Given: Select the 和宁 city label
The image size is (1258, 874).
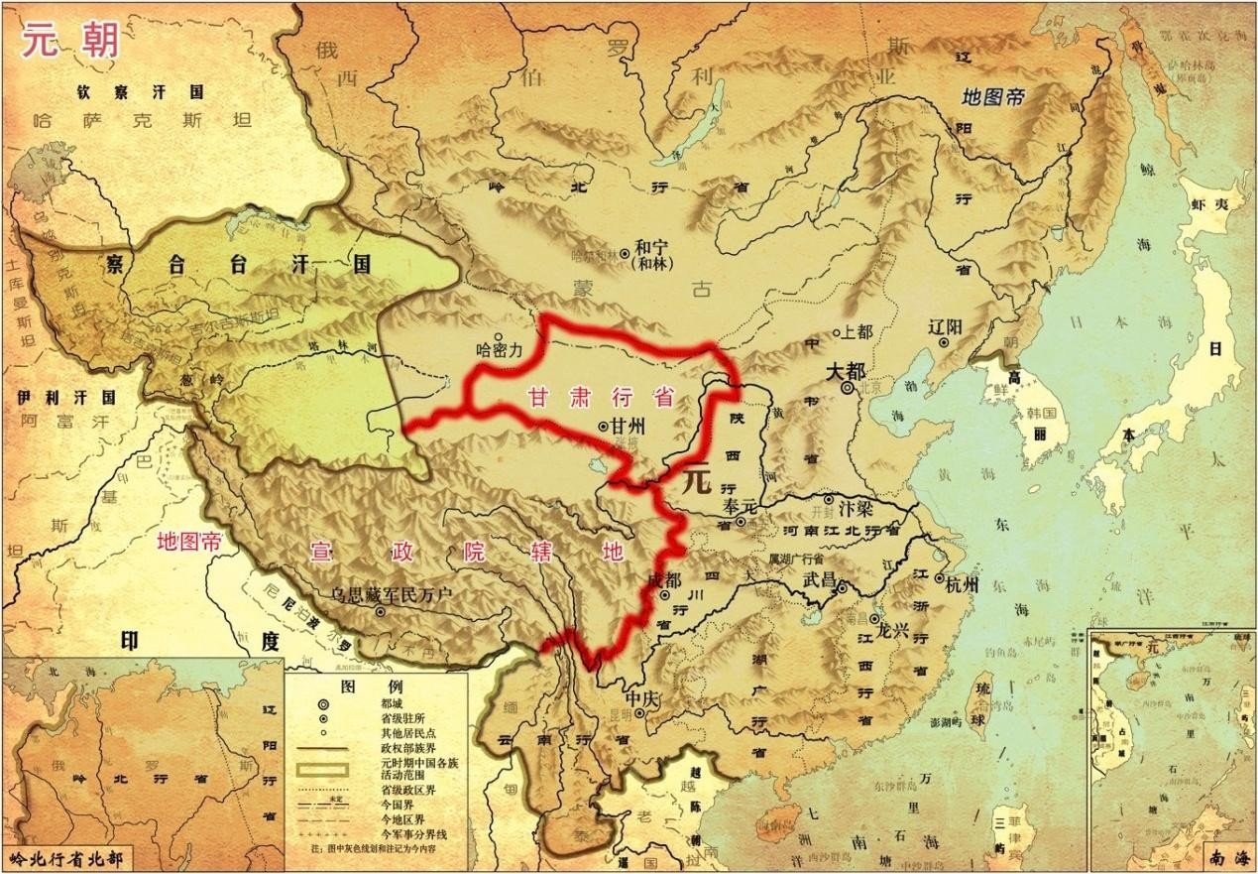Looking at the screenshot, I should tap(655, 247).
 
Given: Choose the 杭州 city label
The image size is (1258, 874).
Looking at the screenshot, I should tap(962, 584).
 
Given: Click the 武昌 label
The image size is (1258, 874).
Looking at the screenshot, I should tap(822, 576).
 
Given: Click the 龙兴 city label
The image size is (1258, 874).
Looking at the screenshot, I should tap(893, 629).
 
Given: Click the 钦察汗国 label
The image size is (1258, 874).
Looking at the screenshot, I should tap(141, 92).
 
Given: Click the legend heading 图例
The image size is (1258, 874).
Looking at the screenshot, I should tap(358, 687).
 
